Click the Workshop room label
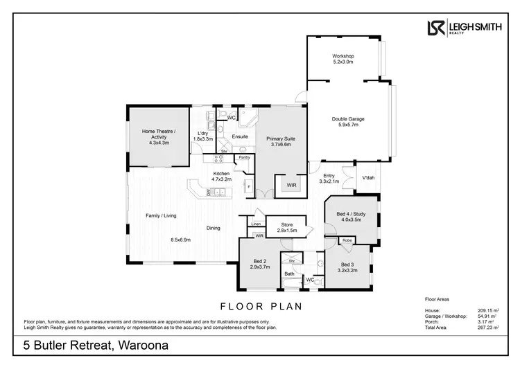343,58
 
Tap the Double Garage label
347,122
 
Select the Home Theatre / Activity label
159,134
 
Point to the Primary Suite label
281,142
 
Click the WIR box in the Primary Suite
291,186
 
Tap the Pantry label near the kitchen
243,158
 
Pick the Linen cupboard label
256,224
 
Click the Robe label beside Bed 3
347,241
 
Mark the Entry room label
329,178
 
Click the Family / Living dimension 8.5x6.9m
181,240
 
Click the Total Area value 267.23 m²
487,328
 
